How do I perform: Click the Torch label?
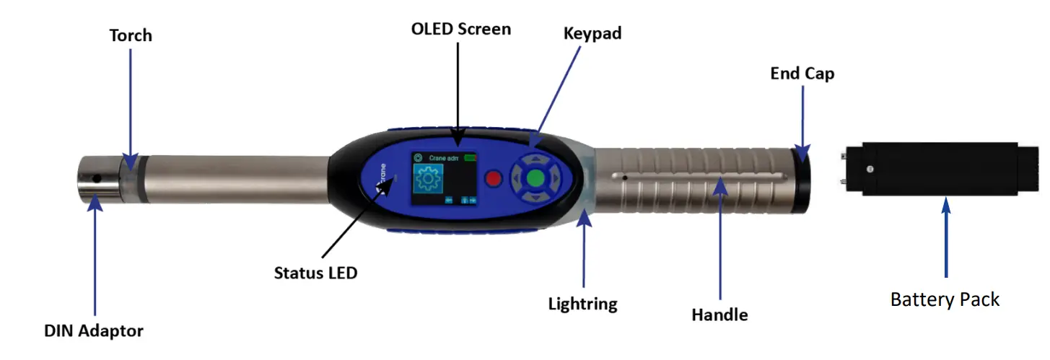(x=131, y=35)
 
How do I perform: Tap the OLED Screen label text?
(x=460, y=29)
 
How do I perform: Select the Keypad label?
(x=592, y=33)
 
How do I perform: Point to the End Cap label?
(x=802, y=73)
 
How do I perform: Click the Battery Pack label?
(x=945, y=299)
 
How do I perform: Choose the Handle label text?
(x=719, y=315)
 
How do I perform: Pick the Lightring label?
(x=582, y=304)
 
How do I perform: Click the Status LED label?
(x=315, y=273)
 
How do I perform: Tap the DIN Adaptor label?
(x=94, y=331)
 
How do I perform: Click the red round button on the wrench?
(x=494, y=178)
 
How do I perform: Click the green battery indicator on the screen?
(x=471, y=157)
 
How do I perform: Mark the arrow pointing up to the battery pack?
(x=946, y=238)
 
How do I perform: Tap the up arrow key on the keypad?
(x=535, y=160)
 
